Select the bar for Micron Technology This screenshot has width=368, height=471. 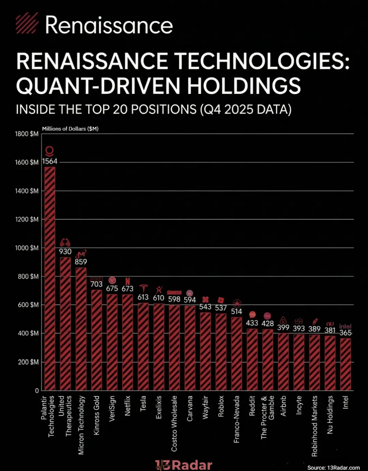pyautogui.click(x=81, y=329)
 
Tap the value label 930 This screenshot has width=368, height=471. pyautogui.click(x=65, y=252)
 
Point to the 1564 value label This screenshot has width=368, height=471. pyautogui.click(x=50, y=161)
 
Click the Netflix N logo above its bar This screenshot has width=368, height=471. pyautogui.click(x=127, y=281)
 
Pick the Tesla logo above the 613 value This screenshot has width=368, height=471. pyautogui.click(x=143, y=288)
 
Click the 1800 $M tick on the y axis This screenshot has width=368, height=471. pyautogui.click(x=27, y=134)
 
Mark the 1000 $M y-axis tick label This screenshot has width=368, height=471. pyautogui.click(x=27, y=248)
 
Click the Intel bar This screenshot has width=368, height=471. pyautogui.click(x=346, y=364)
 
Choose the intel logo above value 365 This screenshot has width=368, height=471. pyautogui.click(x=345, y=326)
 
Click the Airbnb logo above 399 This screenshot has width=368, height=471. pyautogui.click(x=283, y=320)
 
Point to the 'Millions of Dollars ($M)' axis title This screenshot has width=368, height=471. pyautogui.click(x=70, y=128)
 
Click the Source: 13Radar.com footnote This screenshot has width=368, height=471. pyautogui.click(x=333, y=468)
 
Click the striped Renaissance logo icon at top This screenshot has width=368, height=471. pyautogui.click(x=27, y=23)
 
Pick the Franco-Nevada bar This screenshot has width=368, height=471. pyautogui.click(x=236, y=353)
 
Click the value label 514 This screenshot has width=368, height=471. pyautogui.click(x=236, y=311)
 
